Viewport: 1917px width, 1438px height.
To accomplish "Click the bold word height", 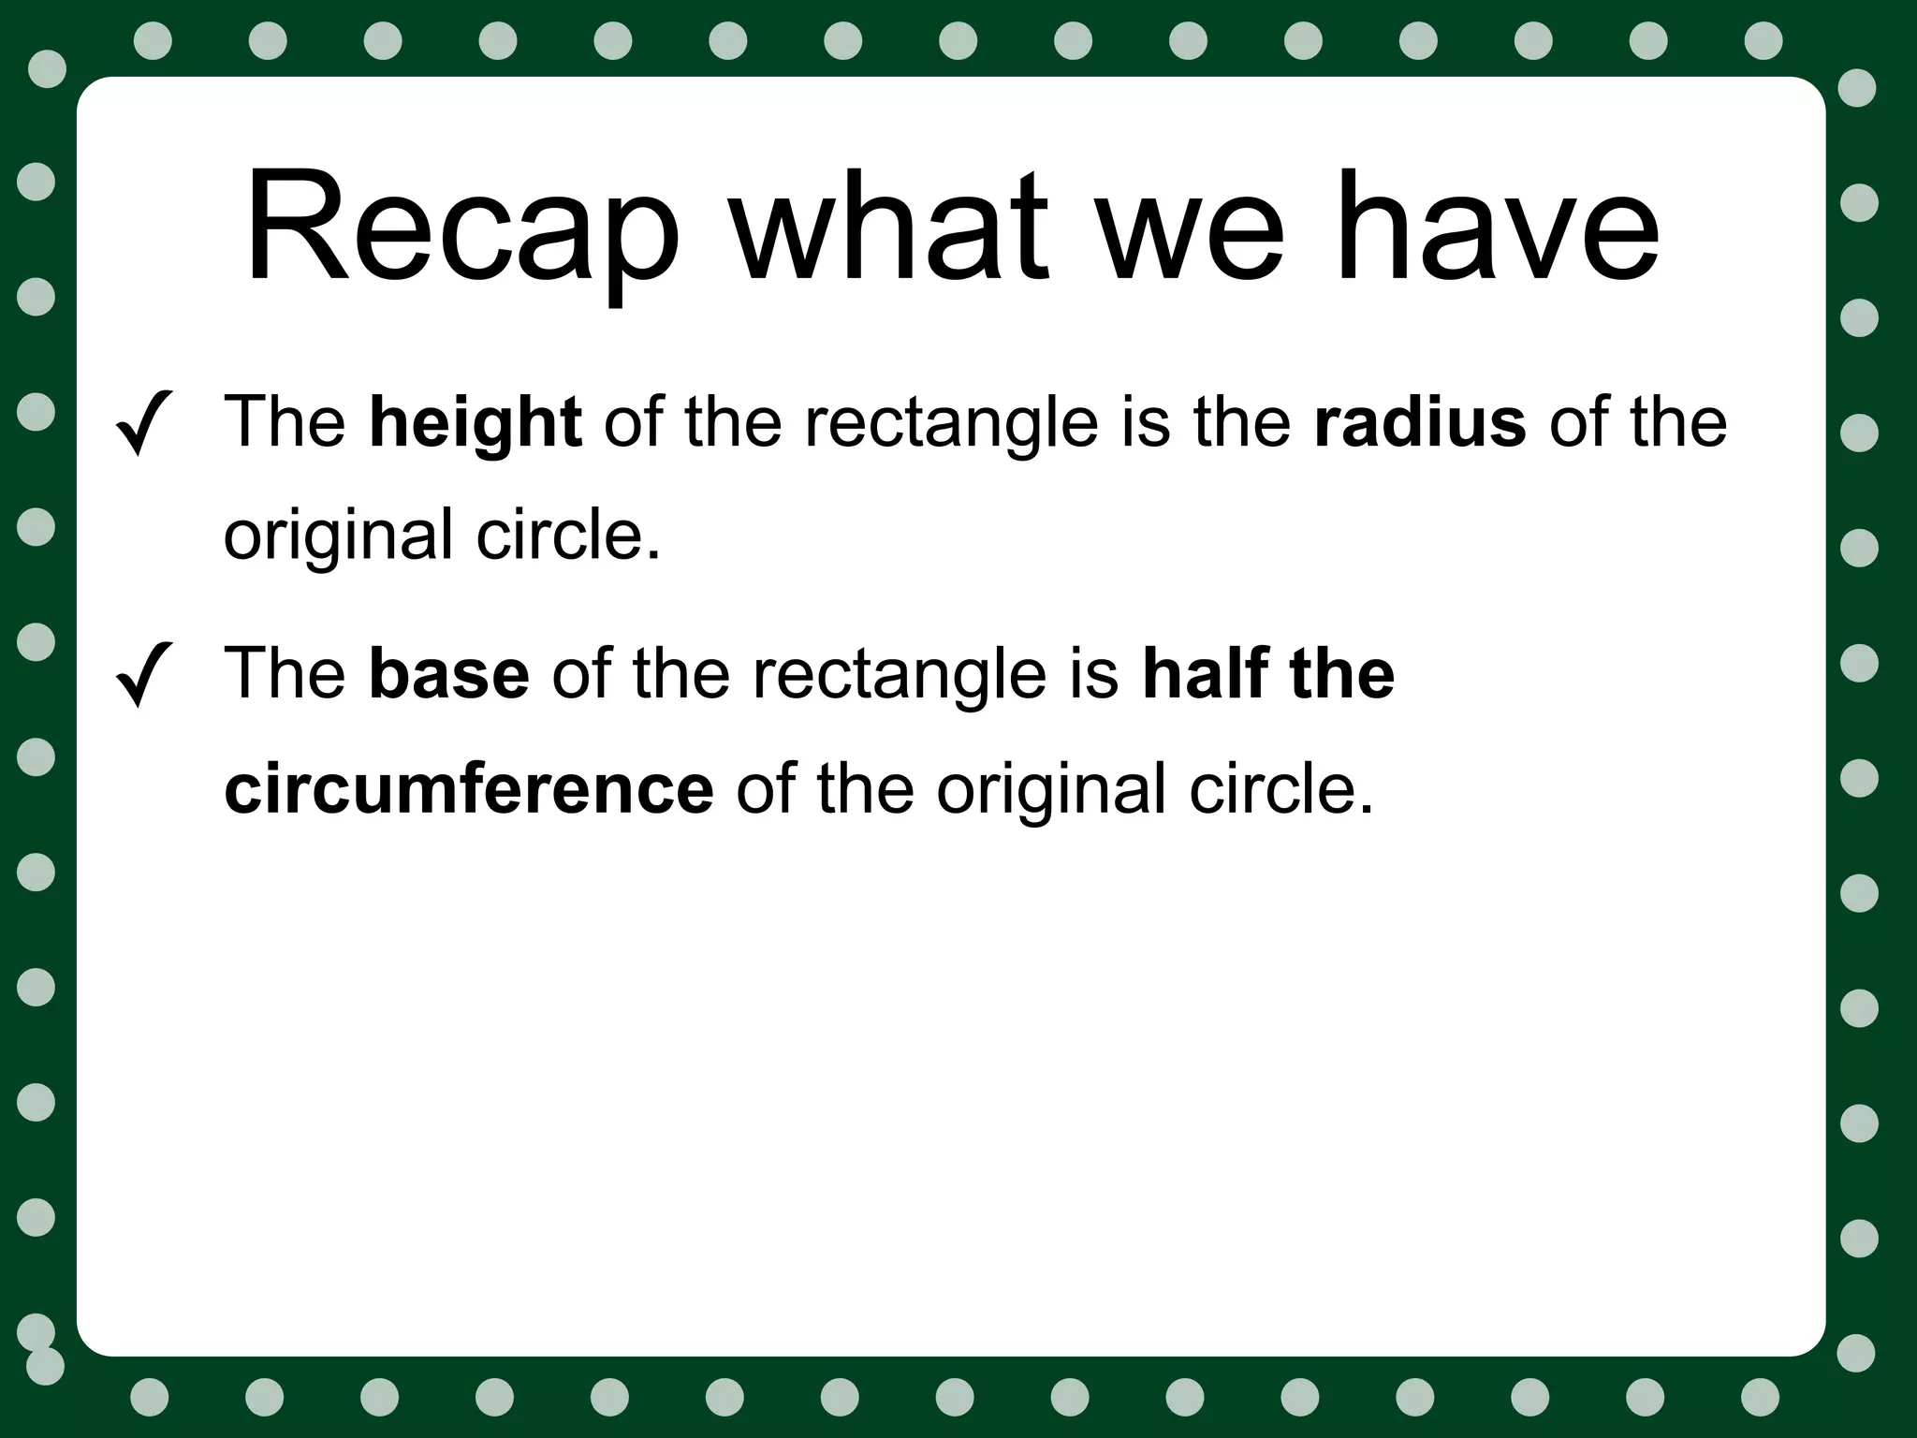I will click(475, 423).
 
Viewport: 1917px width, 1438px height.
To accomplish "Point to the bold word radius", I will click(1420, 423).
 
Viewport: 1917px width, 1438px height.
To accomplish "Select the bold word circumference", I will click(469, 789).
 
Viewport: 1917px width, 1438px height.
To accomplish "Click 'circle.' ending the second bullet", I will click(1281, 789).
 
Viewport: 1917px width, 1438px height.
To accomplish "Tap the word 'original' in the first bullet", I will click(338, 536).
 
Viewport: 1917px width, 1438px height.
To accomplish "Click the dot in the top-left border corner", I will click(48, 68).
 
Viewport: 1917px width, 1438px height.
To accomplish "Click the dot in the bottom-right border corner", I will click(1856, 1354).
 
